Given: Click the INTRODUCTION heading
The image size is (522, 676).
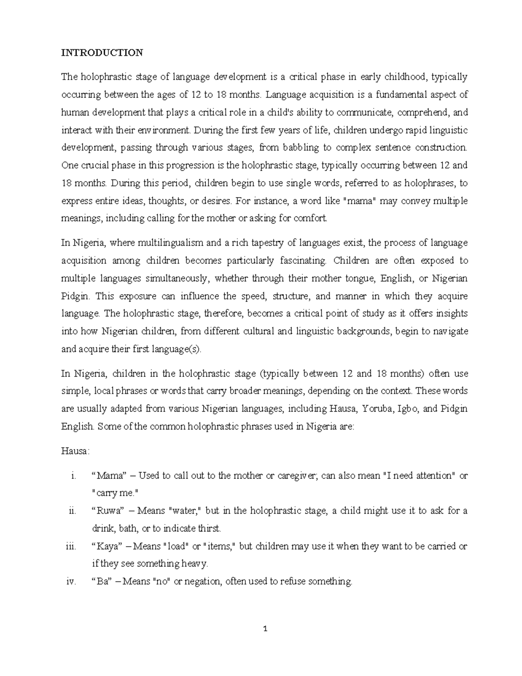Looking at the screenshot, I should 102,53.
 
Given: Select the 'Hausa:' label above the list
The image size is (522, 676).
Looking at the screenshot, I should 75,451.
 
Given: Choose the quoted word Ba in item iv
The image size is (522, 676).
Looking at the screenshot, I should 102,582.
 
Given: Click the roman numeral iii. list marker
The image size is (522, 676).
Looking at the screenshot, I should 71,546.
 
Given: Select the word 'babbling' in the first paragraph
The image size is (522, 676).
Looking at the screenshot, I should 301,148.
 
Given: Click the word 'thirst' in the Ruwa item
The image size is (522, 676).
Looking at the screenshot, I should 209,529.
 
